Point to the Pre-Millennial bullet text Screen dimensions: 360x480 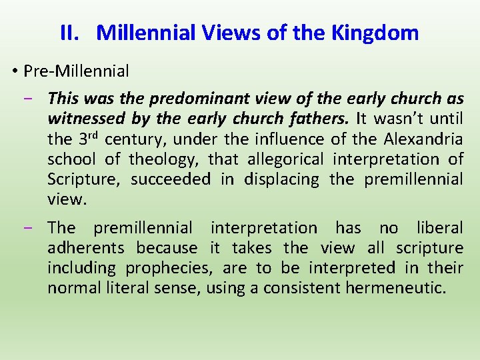point(76,71)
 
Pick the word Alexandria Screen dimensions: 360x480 point(423,139)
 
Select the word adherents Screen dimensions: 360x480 point(86,248)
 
